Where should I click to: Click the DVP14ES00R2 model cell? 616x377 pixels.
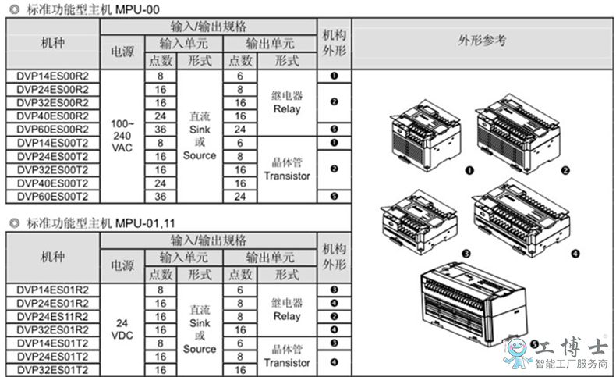tap(53, 76)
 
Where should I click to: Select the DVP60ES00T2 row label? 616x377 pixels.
tap(53, 197)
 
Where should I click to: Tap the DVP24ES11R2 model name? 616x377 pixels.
tap(53, 316)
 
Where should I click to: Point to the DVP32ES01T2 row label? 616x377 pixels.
tap(53, 370)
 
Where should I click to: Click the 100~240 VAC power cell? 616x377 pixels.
tap(122, 136)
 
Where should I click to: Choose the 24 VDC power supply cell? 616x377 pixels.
tap(122, 329)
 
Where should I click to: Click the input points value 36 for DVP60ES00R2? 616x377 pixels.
tap(161, 130)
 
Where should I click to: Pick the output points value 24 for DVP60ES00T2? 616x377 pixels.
tap(240, 197)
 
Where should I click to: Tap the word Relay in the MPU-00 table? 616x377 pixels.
tap(287, 109)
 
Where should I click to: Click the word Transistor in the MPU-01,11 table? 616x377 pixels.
tap(287, 363)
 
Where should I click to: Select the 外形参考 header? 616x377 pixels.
tap(482, 41)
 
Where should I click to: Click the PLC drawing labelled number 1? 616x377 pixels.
tap(425, 136)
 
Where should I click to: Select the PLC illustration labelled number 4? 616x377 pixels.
tap(522, 218)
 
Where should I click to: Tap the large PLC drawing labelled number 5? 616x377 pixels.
tap(473, 304)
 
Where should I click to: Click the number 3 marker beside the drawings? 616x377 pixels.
tap(466, 254)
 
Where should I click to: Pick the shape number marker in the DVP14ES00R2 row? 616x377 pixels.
tap(335, 76)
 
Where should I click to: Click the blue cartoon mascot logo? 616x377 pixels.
tap(517, 353)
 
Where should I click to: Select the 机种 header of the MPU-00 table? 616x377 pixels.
tap(53, 43)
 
